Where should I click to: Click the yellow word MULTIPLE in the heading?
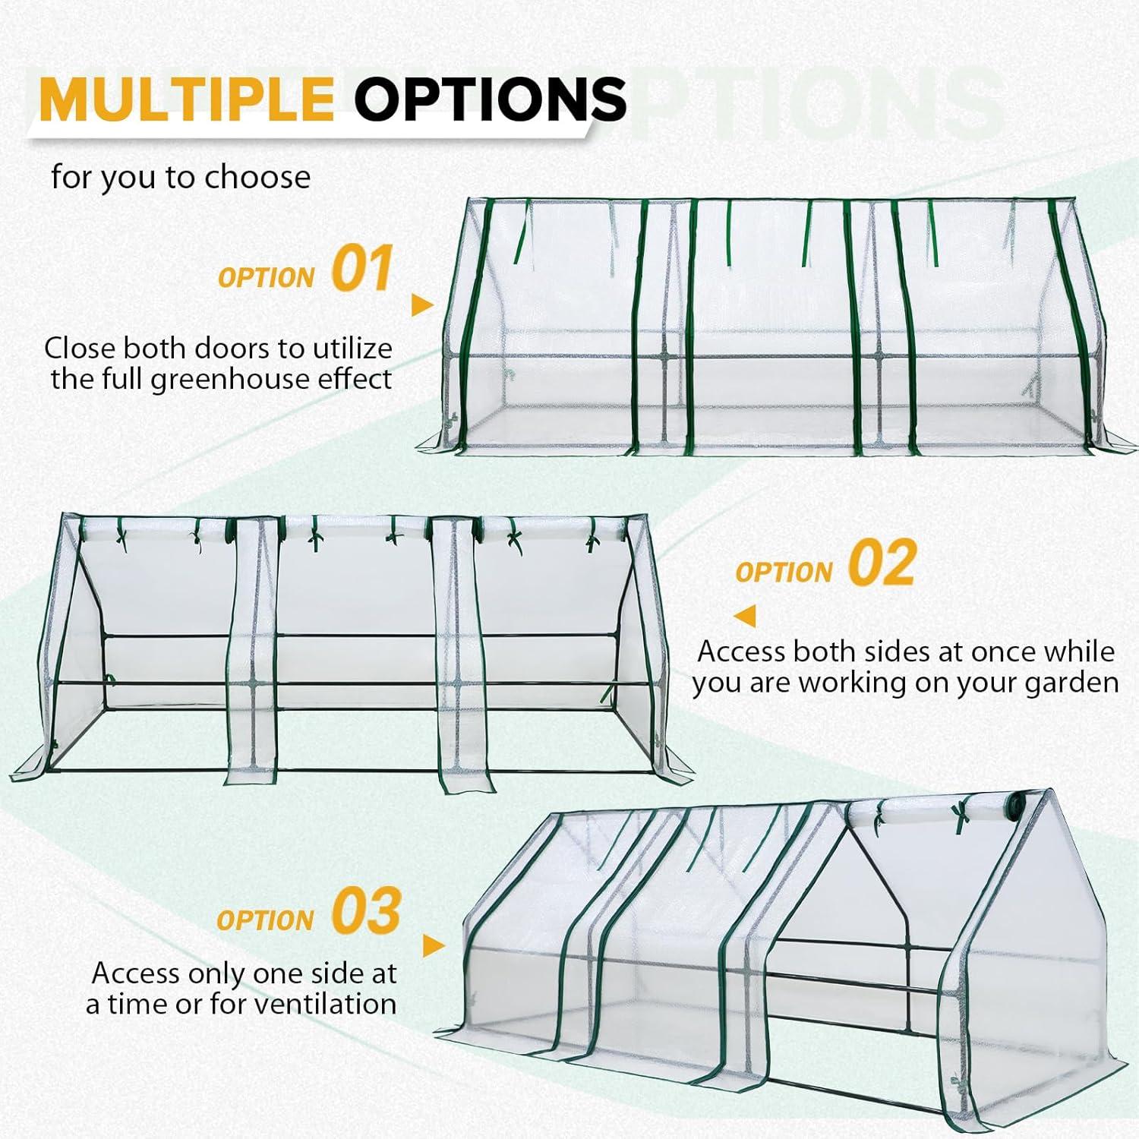pyautogui.click(x=187, y=99)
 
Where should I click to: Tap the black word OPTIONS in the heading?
pyautogui.click(x=490, y=99)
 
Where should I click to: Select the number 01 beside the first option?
pyautogui.click(x=362, y=269)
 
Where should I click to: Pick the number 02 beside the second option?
pyautogui.click(x=882, y=563)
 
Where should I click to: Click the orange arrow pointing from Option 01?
pyautogui.click(x=421, y=305)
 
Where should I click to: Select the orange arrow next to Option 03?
pyautogui.click(x=433, y=946)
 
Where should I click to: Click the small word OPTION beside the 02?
pyautogui.click(x=784, y=573)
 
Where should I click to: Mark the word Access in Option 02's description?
pyautogui.click(x=741, y=652)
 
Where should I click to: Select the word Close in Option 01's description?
pyautogui.click(x=80, y=349)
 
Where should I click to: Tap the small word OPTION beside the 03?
pyautogui.click(x=265, y=920)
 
